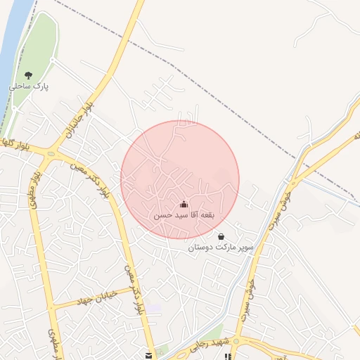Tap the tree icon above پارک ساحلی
coord(28,75)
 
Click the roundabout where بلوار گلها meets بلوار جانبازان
coord(51,153)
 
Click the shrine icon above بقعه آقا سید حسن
coord(184,204)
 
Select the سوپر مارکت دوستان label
coord(221,247)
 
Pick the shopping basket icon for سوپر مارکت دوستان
coord(221,236)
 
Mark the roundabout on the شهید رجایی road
coord(237,342)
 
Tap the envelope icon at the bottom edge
coord(148,356)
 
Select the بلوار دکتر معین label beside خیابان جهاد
coord(134,288)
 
